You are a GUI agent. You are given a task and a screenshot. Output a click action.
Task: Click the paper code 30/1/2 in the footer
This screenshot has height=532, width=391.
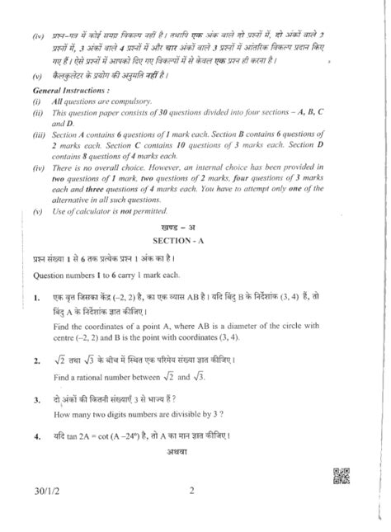point(39,494)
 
